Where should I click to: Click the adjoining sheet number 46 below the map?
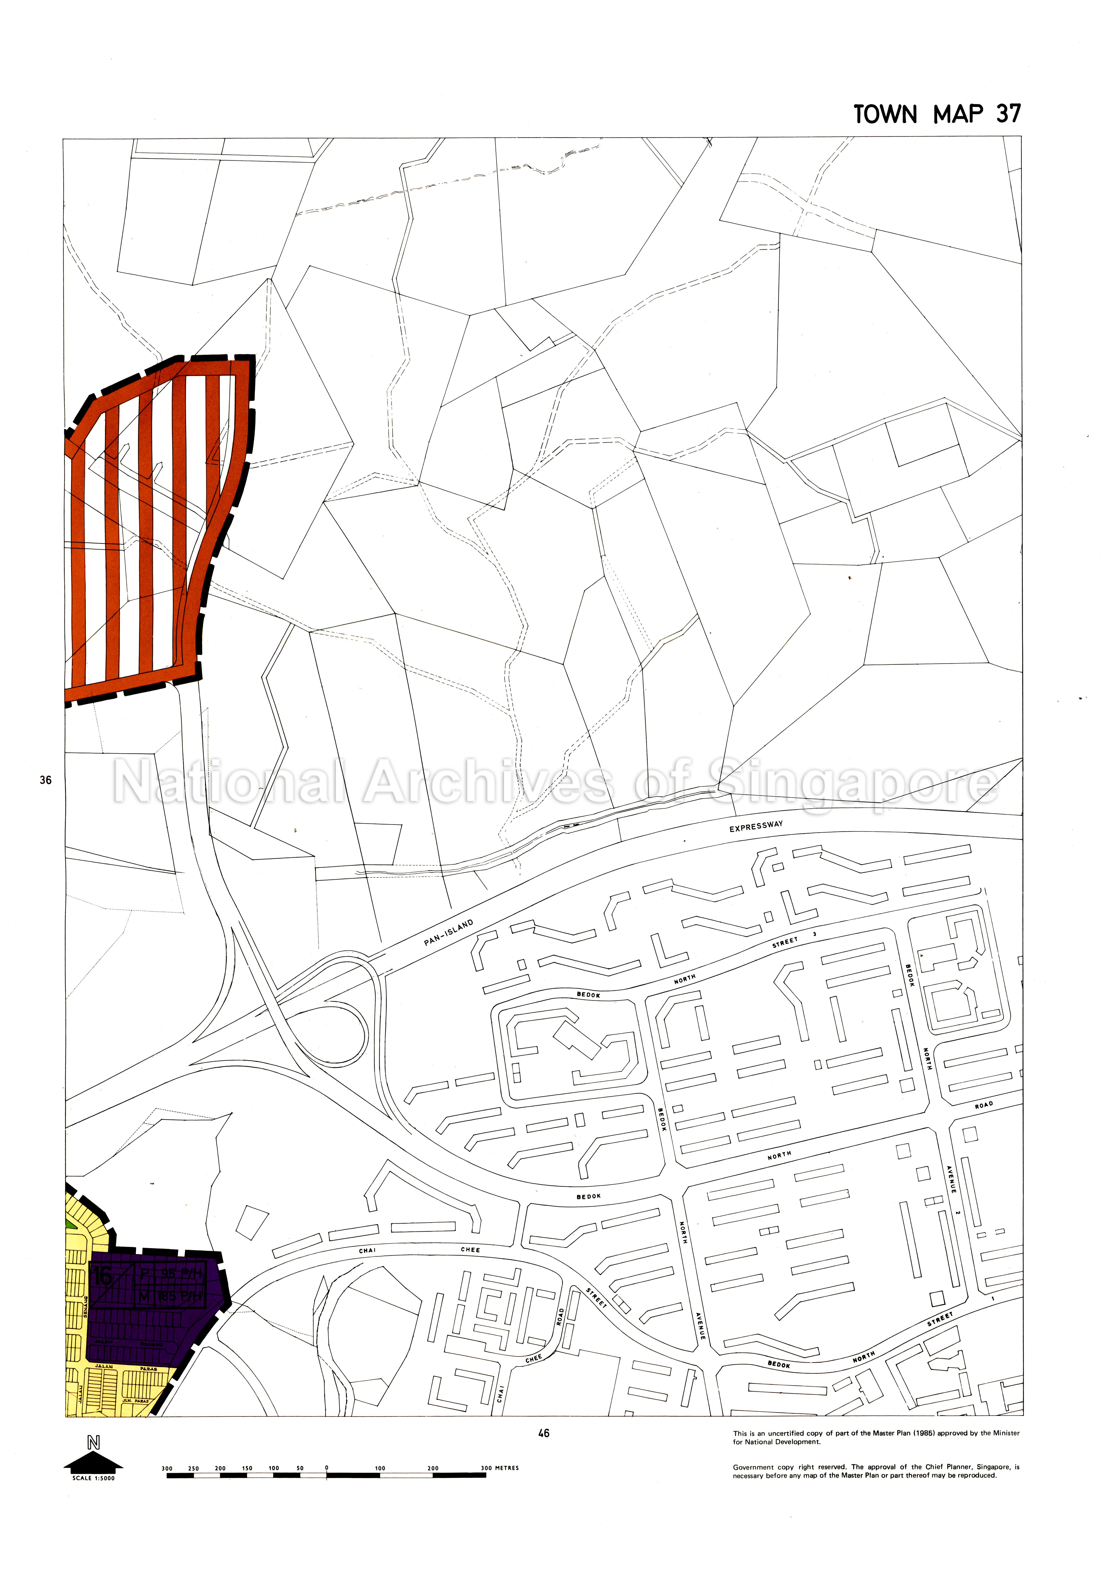coord(543,1433)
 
